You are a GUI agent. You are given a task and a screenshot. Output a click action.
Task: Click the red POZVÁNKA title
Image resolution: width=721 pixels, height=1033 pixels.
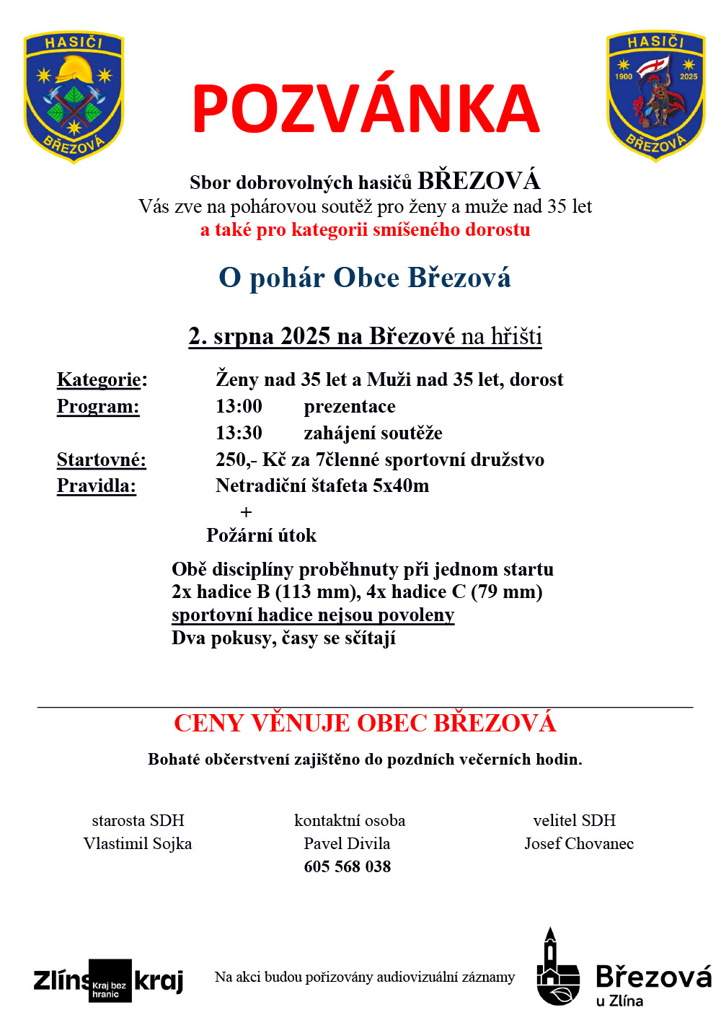coord(366,110)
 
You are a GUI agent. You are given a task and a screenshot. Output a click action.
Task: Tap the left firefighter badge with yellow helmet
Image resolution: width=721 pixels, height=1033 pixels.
coord(74,96)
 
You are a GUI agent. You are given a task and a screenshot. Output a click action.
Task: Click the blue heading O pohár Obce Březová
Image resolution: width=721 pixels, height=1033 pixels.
coord(365,278)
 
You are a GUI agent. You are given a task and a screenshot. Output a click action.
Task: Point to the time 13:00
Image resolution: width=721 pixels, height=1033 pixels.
coord(239,406)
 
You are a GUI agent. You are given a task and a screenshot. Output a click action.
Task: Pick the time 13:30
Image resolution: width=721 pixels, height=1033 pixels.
coord(239,433)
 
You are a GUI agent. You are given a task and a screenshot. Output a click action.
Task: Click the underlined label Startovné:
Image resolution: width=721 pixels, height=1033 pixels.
coord(102,460)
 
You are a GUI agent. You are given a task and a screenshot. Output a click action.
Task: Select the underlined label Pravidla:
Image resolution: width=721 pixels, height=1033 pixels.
coord(97,485)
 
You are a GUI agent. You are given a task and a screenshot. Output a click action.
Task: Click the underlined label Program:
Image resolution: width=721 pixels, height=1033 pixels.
coord(98,406)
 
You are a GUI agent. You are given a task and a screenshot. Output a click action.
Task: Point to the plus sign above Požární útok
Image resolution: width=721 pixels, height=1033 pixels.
coord(247,512)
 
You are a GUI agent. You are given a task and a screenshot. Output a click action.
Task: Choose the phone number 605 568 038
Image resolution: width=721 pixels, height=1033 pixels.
coord(348,866)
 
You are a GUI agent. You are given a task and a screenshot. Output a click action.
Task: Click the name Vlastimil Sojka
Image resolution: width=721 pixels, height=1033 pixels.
coord(138,843)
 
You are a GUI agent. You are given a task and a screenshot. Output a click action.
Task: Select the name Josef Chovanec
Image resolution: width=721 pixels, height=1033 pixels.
coord(579,843)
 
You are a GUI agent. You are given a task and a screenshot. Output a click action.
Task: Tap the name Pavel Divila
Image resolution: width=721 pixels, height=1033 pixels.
coord(347,843)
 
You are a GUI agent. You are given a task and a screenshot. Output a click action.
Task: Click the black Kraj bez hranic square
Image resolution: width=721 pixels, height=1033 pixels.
coord(110,981)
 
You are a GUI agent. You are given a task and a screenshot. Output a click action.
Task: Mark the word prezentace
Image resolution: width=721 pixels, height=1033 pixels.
coord(350,406)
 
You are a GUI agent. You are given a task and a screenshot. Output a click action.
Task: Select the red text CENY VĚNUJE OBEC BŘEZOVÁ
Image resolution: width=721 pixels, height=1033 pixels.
coord(365,723)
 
